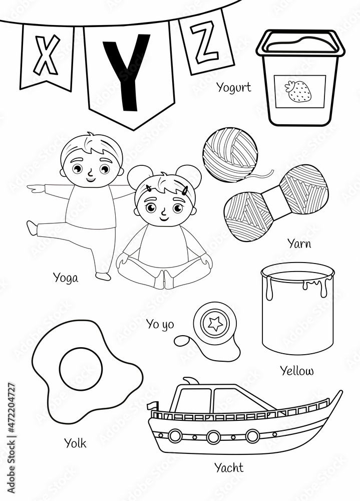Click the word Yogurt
click(233, 88)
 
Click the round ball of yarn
click(230, 154)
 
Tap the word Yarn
click(299, 243)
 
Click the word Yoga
click(66, 277)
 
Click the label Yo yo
click(160, 324)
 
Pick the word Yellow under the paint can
click(297, 371)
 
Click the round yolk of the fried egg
click(81, 370)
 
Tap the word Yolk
click(75, 443)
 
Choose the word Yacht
click(229, 467)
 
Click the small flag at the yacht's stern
click(153, 405)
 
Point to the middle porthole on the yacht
click(214, 436)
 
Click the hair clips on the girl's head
click(185, 190)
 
